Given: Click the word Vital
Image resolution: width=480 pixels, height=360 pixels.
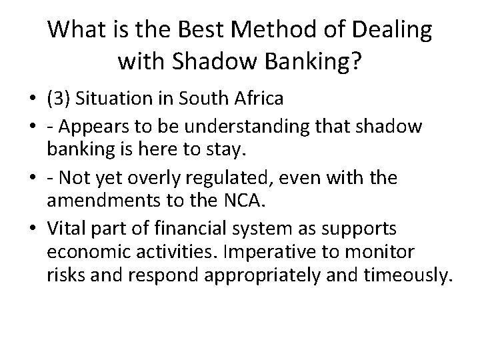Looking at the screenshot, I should (64, 230).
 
